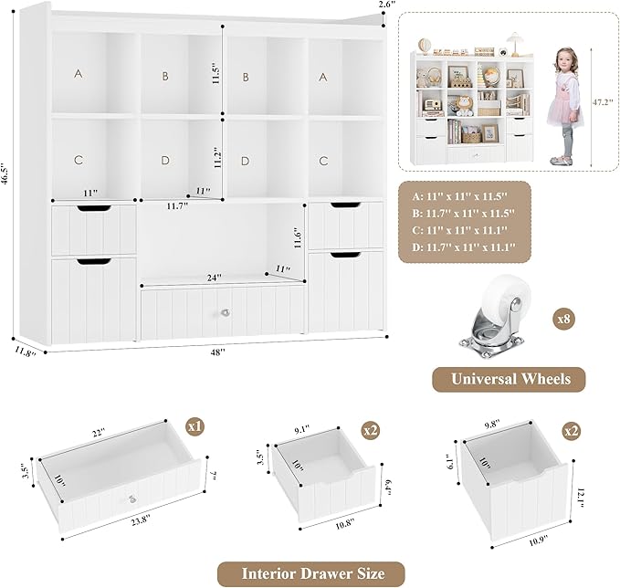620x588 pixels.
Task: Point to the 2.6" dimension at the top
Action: [x=388, y=5]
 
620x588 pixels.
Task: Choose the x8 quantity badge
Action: [x=564, y=320]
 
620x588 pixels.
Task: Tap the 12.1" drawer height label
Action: [x=580, y=500]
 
